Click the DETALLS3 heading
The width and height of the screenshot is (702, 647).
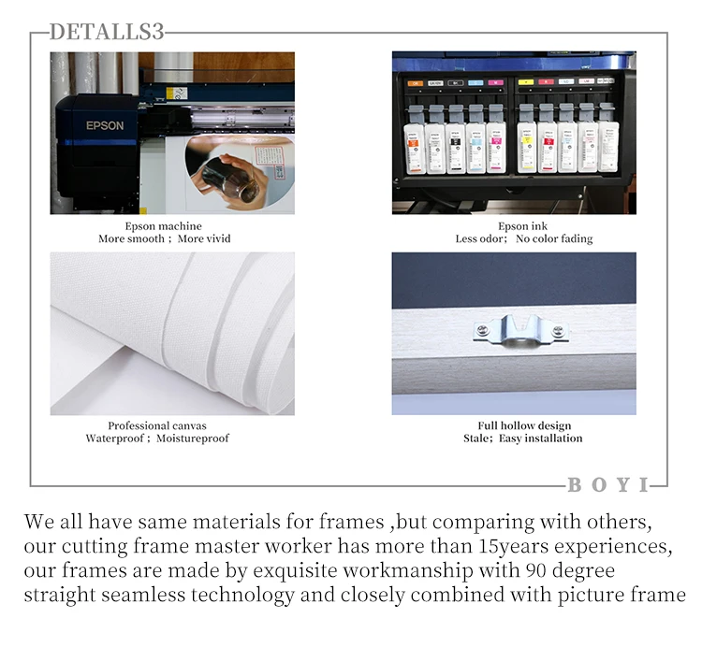pos(107,32)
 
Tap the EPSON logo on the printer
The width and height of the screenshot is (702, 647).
pos(105,125)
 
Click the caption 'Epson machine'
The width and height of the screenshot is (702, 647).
pos(164,226)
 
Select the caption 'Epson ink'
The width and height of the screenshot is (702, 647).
pos(522,226)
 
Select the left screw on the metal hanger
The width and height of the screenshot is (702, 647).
pos(482,330)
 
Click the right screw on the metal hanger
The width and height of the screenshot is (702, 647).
pos(558,331)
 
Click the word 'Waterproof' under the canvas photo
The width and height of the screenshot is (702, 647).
pos(115,439)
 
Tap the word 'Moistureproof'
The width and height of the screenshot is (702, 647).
pos(193,439)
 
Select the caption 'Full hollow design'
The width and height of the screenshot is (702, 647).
pos(524,425)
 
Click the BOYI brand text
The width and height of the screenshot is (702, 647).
pos(608,484)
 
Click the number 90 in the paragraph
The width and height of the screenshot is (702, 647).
pos(537,570)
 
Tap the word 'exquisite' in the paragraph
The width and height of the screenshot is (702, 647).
pos(296,570)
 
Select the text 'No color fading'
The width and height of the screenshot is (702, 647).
pos(554,238)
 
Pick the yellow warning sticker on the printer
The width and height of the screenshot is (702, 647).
pos(171,93)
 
